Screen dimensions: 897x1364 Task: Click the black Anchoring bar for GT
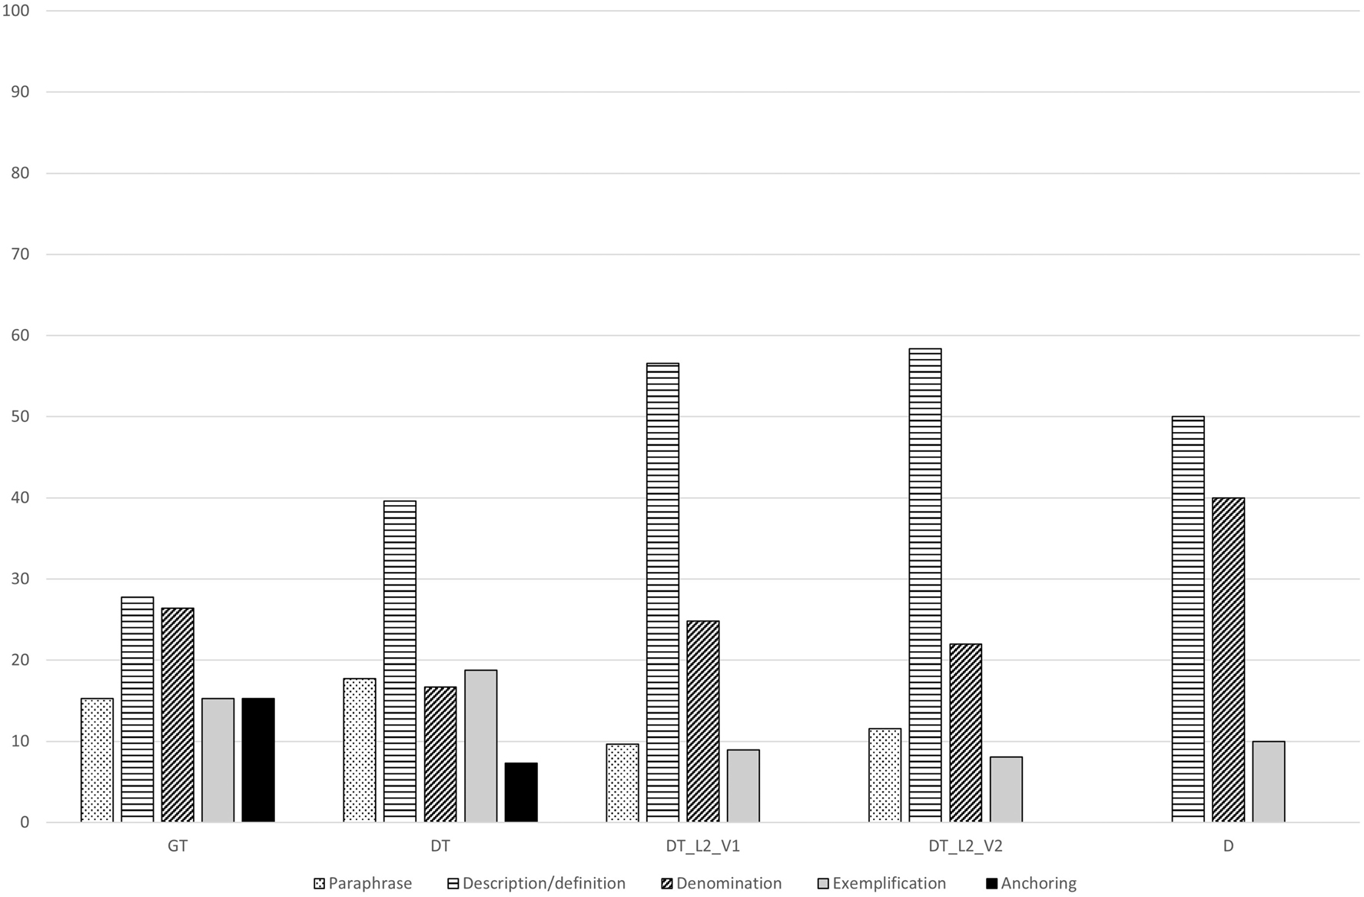tap(258, 760)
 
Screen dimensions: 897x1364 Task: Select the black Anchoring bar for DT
tap(521, 792)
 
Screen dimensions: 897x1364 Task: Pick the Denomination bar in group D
tap(1228, 660)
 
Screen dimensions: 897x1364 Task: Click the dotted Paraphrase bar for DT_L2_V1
tap(622, 783)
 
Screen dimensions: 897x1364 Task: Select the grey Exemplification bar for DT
tap(481, 746)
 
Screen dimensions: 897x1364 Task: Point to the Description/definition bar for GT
tap(138, 709)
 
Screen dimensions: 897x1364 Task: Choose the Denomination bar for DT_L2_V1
tap(703, 722)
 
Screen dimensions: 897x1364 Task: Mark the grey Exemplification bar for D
tap(1269, 782)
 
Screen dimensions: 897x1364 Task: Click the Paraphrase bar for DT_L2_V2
tap(885, 776)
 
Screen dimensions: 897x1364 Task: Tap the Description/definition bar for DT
tap(400, 662)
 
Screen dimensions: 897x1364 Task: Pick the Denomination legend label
tap(728, 883)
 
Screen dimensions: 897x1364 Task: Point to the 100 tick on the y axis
tap(16, 11)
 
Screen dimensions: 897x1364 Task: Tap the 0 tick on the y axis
tap(25, 822)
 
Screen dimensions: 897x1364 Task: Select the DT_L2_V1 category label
tap(703, 846)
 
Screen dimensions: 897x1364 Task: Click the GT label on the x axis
tap(178, 846)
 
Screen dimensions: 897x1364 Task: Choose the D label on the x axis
tap(1228, 846)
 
